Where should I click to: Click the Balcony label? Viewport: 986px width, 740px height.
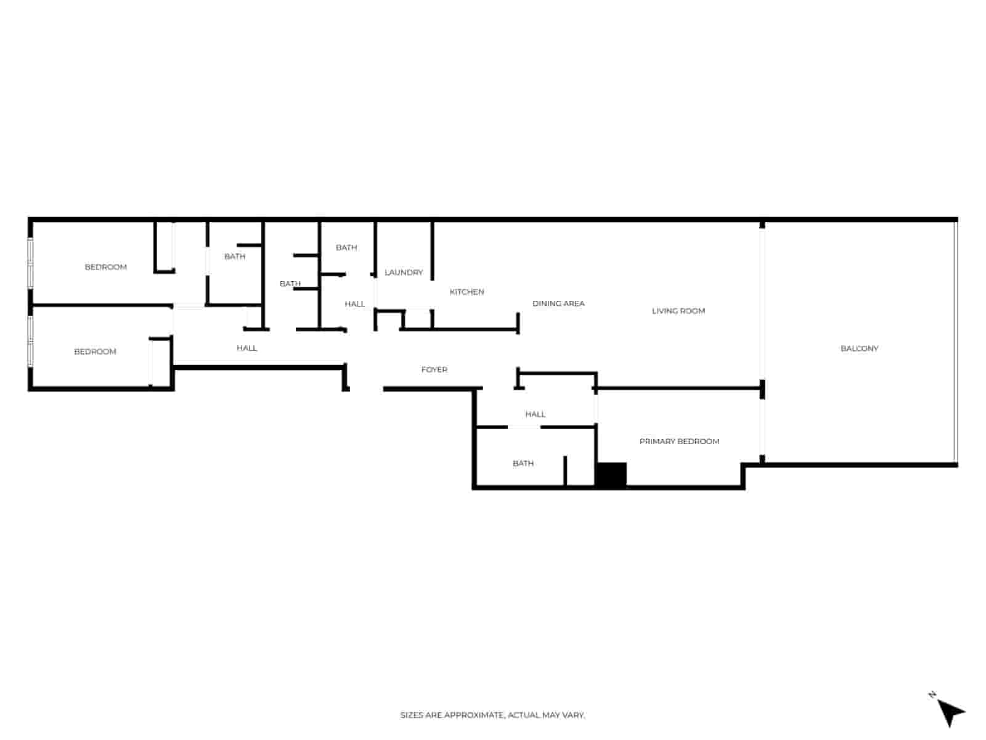pyautogui.click(x=858, y=348)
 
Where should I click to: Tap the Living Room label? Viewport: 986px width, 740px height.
pyautogui.click(x=678, y=311)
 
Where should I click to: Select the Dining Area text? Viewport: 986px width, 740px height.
pyautogui.click(x=558, y=304)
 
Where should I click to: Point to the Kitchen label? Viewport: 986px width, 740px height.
pyautogui.click(x=467, y=292)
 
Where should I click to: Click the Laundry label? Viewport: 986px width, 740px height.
pyautogui.click(x=404, y=273)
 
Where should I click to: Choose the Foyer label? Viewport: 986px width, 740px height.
pyautogui.click(x=434, y=369)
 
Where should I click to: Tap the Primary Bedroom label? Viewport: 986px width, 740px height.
pyautogui.click(x=678, y=441)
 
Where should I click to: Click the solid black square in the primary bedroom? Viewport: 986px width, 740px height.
pyautogui.click(x=611, y=474)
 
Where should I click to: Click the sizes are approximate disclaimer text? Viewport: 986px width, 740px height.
pyautogui.click(x=492, y=715)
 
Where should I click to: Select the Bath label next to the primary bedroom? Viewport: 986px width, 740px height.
pyautogui.click(x=523, y=463)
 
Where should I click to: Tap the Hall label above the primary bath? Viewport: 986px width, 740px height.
pyautogui.click(x=535, y=414)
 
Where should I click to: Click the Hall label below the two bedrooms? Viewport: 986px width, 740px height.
pyautogui.click(x=246, y=348)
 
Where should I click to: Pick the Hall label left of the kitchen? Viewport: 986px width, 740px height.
pyautogui.click(x=354, y=304)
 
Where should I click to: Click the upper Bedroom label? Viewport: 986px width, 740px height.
pyautogui.click(x=105, y=268)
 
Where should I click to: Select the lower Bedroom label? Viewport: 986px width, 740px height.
pyautogui.click(x=95, y=351)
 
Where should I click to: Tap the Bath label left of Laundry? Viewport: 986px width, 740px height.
pyautogui.click(x=346, y=247)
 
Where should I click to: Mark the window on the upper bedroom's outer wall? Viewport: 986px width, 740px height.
pyautogui.click(x=31, y=263)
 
